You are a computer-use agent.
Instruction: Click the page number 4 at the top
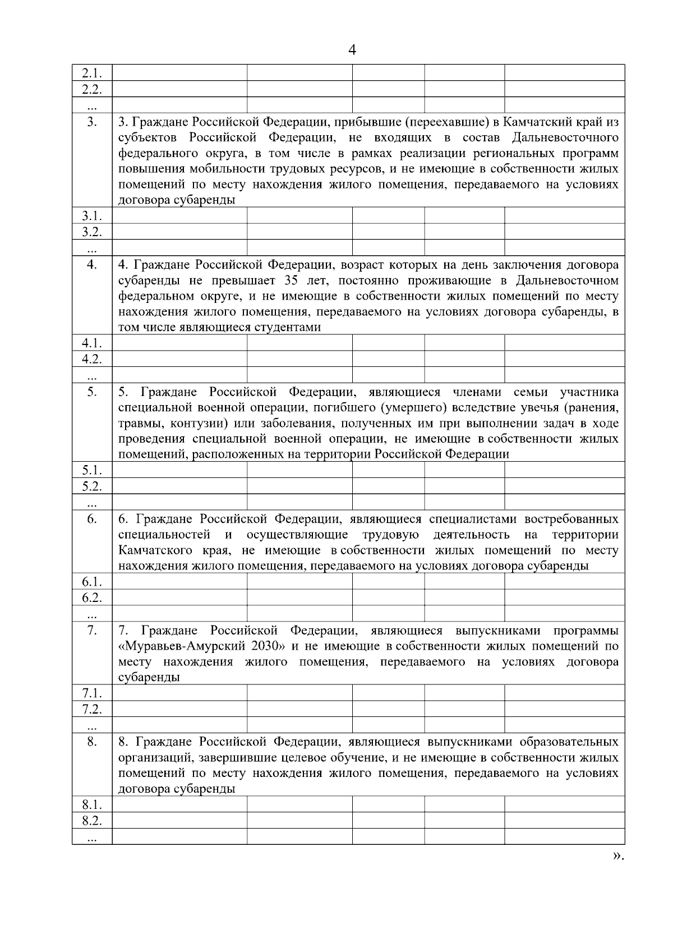[x=352, y=50]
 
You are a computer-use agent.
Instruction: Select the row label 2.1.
[x=91, y=73]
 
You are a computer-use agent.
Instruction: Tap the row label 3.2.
[x=91, y=231]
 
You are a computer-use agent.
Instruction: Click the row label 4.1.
[x=91, y=343]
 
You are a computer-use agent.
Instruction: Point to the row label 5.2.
[x=91, y=486]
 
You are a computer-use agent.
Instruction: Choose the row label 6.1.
[x=91, y=581]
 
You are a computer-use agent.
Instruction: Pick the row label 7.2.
[x=91, y=709]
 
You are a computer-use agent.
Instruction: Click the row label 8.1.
[x=91, y=804]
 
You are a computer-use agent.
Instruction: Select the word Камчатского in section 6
[x=155, y=550]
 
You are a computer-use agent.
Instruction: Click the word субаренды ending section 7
[x=149, y=678]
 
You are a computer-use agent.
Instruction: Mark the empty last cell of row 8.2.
[x=564, y=820]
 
